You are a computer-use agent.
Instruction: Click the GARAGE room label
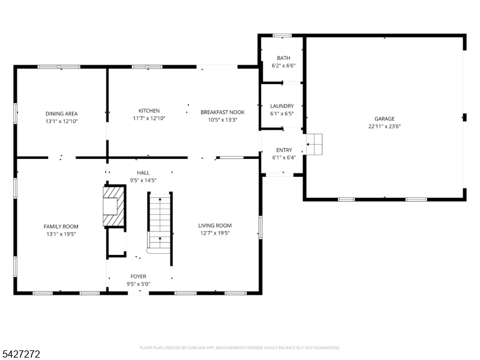pos(385,119)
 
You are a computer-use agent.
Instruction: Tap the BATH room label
pos(283,58)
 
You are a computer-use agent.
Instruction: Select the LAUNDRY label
pos(282,106)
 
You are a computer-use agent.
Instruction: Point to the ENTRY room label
pos(284,150)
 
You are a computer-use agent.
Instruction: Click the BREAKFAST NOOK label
pos(223,112)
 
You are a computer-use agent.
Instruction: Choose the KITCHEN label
pos(149,111)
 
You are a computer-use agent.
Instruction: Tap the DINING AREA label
pos(62,113)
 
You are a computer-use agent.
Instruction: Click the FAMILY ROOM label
pos(61,227)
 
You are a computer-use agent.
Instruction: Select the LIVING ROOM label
pos(215,226)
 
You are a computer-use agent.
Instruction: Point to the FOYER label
pos(139,277)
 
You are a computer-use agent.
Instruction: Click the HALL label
pos(143,173)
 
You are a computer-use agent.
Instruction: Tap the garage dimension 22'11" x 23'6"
pos(385,127)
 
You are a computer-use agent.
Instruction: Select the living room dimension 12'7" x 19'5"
pos(215,233)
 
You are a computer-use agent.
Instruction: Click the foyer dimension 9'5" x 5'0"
pos(139,284)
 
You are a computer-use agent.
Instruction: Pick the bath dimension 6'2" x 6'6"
pos(283,65)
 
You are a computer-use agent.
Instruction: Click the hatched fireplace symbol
pos(114,206)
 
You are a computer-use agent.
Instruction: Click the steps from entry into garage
pos(314,144)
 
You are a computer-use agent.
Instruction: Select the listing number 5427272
pos(20,354)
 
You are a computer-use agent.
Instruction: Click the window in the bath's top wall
pos(282,35)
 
